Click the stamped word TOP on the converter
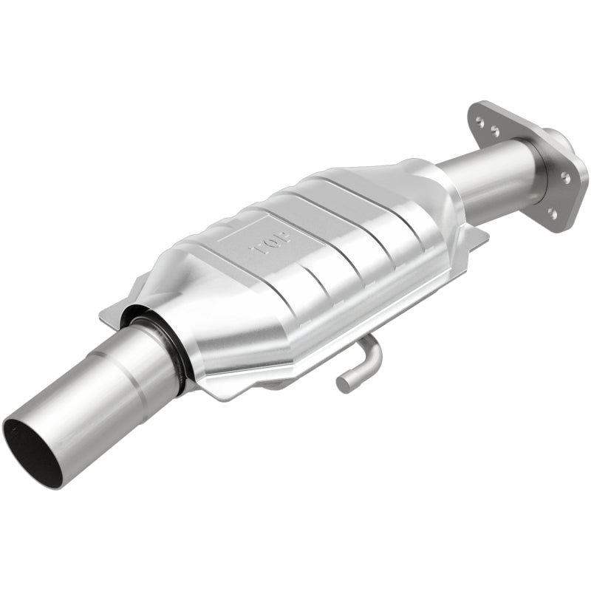point(271,242)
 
